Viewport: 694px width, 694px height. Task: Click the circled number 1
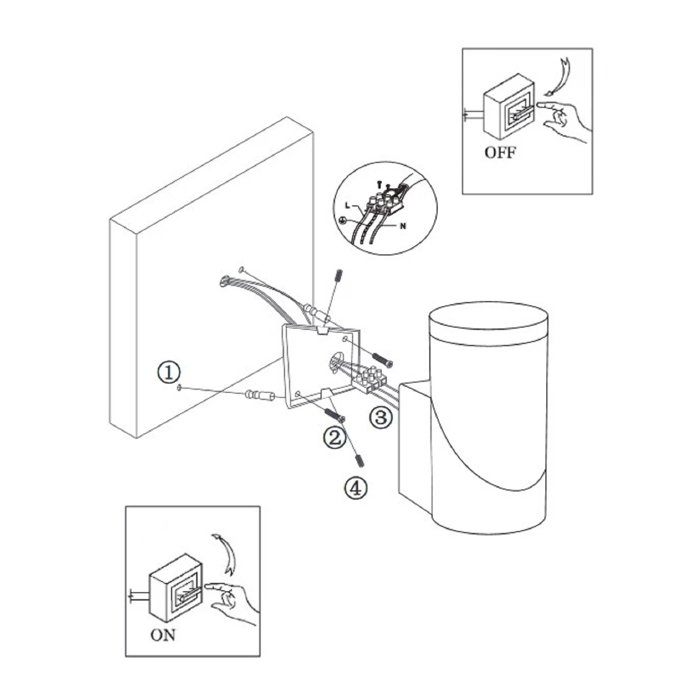tap(169, 372)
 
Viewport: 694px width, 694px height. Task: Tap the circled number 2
tap(335, 437)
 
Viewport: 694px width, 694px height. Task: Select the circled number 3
tap(381, 417)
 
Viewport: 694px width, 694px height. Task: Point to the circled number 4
tap(356, 488)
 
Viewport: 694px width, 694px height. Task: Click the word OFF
tap(500, 152)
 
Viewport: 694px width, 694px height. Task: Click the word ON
tap(163, 635)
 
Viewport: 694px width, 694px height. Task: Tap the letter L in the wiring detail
tap(348, 205)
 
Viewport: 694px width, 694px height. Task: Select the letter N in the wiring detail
tap(403, 226)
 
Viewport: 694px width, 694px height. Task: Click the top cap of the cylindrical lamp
tap(489, 324)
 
